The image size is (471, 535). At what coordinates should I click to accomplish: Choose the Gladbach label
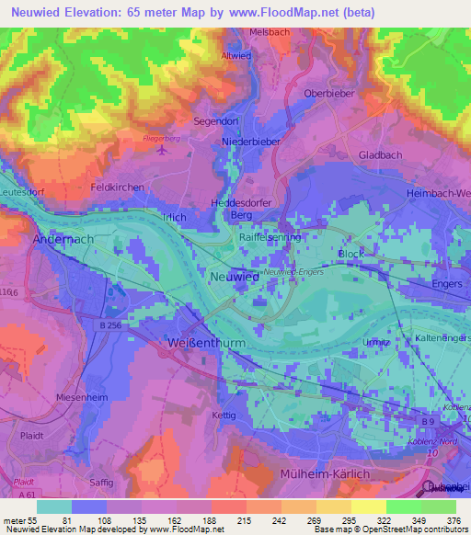[x=380, y=155]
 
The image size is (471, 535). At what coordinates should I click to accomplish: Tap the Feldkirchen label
[x=115, y=187]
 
